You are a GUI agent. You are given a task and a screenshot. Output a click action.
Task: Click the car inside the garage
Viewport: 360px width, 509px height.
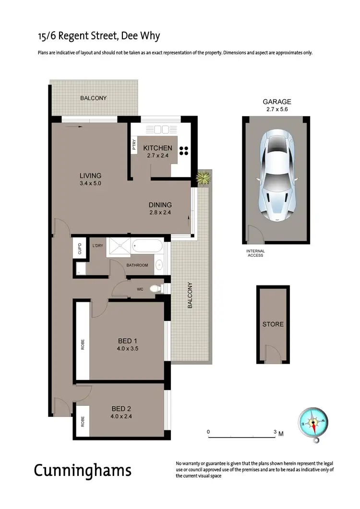point(277,176)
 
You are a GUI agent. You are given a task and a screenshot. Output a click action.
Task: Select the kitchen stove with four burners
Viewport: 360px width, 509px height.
point(184,151)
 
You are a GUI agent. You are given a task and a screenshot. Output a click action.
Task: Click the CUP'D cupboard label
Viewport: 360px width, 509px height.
point(80,249)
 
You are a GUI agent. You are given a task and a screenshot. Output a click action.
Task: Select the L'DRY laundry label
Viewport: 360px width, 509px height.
point(97,246)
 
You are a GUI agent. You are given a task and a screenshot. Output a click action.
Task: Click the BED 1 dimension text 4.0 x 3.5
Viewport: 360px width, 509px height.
point(128,349)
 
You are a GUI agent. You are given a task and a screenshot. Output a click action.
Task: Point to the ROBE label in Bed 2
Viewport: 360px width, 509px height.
point(82,422)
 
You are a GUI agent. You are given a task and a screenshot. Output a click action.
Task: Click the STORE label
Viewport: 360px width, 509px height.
point(273,324)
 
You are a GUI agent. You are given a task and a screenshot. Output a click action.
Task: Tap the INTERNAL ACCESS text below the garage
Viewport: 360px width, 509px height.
point(255,253)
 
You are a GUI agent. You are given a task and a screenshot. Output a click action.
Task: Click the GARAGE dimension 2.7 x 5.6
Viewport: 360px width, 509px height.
point(276,109)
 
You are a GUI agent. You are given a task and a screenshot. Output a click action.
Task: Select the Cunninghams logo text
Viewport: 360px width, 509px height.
point(82,470)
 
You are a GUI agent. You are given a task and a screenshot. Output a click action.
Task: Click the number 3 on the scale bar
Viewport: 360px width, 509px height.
point(275,432)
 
